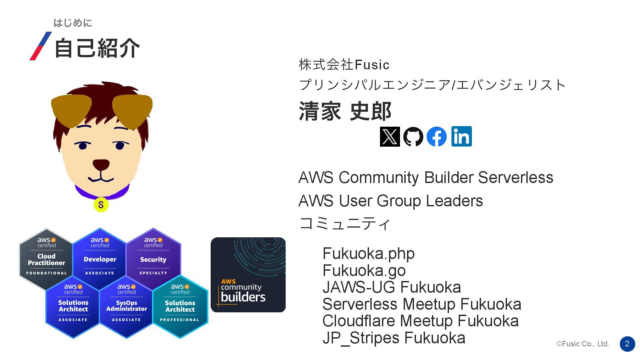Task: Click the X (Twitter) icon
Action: point(390,137)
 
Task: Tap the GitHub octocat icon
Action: point(413,137)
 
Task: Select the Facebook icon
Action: point(436,137)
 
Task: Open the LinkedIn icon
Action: point(461,136)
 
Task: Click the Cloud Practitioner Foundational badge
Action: point(46,258)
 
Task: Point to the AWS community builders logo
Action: point(248,275)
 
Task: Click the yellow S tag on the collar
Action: point(101,204)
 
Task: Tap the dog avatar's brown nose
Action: point(101,164)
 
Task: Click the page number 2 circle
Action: point(627,344)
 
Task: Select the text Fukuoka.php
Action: point(368,254)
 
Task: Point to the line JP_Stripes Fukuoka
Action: point(394,338)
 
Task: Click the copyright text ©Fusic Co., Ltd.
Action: point(582,344)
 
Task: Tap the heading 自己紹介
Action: point(97,48)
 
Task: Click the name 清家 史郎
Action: point(345,111)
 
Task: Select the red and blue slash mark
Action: point(41,46)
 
